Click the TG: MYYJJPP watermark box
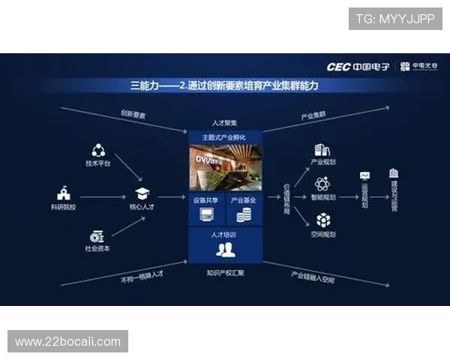(x=395, y=18)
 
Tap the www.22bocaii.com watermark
(x=68, y=342)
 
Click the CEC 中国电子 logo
(x=358, y=67)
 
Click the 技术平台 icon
(x=98, y=150)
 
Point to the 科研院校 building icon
(x=62, y=193)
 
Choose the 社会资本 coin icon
(x=97, y=236)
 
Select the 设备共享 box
(x=205, y=209)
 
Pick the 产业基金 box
(x=244, y=209)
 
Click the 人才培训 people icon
(x=225, y=248)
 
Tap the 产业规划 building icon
(x=322, y=150)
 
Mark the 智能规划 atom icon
(x=322, y=184)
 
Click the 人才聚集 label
(x=225, y=123)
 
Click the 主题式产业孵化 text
(x=225, y=138)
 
